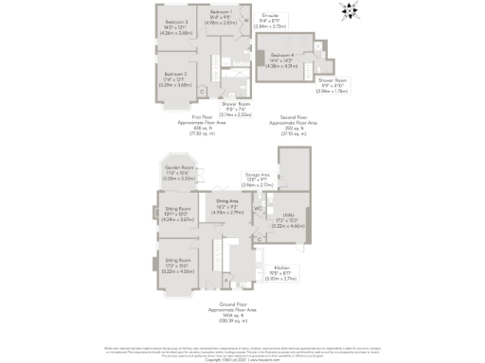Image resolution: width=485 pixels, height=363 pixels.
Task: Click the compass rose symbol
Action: [x=350, y=12]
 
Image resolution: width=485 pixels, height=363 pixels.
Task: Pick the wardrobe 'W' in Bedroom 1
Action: [x=244, y=18]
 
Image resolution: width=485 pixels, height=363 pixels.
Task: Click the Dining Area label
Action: [x=227, y=205]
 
